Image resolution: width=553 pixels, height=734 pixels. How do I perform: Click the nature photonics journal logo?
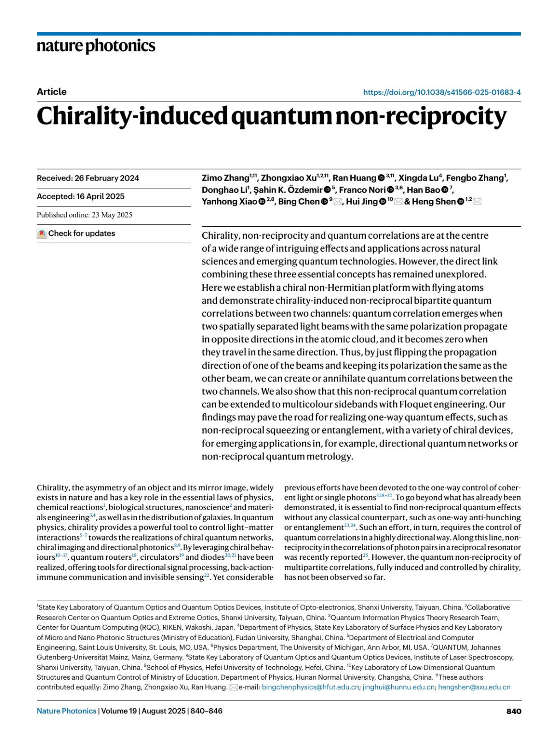pos(96,46)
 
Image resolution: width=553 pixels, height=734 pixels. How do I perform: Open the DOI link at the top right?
pos(441,92)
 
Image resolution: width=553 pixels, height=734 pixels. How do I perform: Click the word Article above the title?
pos(52,92)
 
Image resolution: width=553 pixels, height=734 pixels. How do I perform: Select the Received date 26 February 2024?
pos(88,178)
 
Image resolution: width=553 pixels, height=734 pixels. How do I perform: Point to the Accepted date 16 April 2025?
pos(81,196)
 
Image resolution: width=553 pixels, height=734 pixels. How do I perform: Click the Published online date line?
pos(84,215)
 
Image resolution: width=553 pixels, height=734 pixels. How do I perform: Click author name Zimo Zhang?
pos(225,178)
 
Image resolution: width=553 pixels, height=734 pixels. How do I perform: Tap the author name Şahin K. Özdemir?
pos(288,190)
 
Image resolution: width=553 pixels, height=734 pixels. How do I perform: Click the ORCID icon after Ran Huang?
pos(381,178)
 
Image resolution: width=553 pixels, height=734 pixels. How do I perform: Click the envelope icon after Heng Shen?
pos(477,202)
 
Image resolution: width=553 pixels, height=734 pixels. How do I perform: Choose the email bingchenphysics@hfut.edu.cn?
pos(310,687)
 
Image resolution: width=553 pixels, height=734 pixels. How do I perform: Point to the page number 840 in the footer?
pos(513,711)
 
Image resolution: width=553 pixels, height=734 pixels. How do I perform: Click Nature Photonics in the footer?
pos(66,711)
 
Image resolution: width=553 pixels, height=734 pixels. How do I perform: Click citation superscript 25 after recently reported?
pos(365,555)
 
